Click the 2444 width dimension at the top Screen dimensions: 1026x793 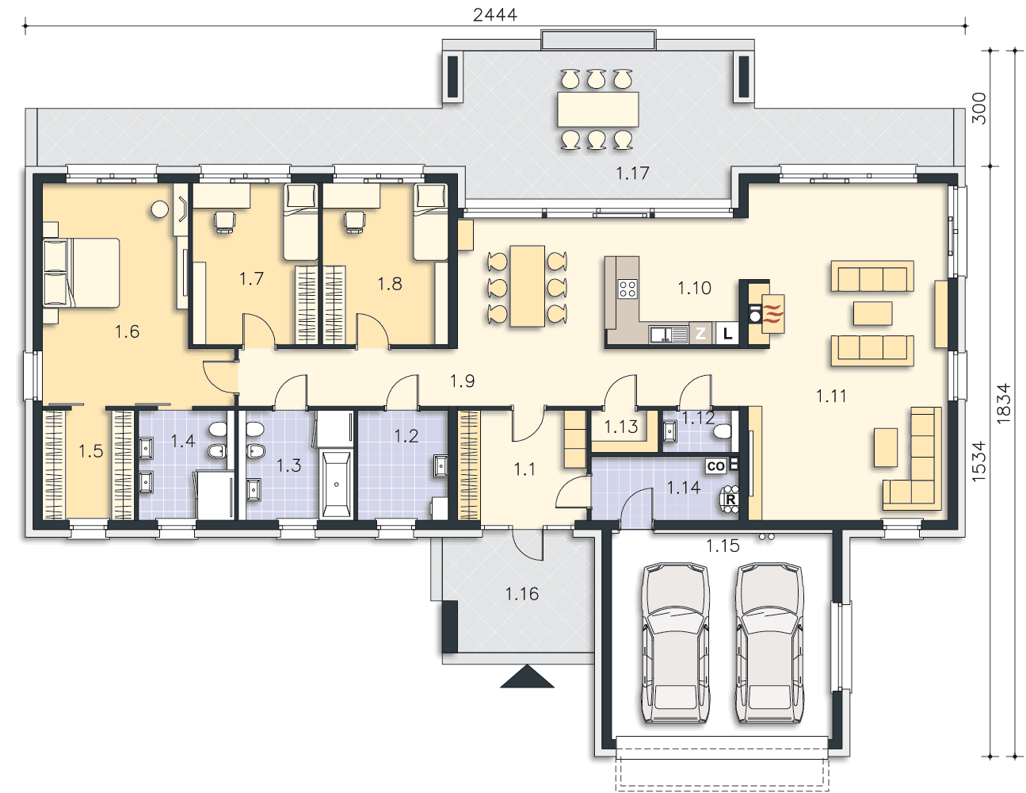pyautogui.click(x=495, y=14)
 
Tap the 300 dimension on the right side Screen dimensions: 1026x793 pyautogui.click(x=980, y=109)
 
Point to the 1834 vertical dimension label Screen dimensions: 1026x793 pyautogui.click(x=1004, y=403)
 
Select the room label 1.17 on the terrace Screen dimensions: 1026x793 pyautogui.click(x=632, y=174)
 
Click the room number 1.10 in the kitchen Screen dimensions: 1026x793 pyautogui.click(x=694, y=288)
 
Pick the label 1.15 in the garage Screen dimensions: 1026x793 pyautogui.click(x=723, y=546)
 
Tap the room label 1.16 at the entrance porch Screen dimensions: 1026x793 pyautogui.click(x=522, y=594)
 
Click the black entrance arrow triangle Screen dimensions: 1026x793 pyautogui.click(x=527, y=676)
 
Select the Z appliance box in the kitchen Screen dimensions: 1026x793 pyautogui.click(x=700, y=334)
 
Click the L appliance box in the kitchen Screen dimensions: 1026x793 pyautogui.click(x=727, y=334)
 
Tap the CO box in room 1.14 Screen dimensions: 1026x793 pyautogui.click(x=715, y=466)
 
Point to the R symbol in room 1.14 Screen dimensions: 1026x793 pyautogui.click(x=730, y=499)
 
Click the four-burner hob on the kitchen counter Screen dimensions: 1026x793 pyautogui.click(x=627, y=289)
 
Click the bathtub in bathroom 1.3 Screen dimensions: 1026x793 pyautogui.click(x=336, y=485)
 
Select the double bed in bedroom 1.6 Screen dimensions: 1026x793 pyautogui.click(x=82, y=273)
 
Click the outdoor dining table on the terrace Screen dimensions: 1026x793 pyautogui.click(x=597, y=109)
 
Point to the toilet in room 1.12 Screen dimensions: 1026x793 pyautogui.click(x=723, y=431)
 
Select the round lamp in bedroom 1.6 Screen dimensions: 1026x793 pyautogui.click(x=160, y=209)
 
